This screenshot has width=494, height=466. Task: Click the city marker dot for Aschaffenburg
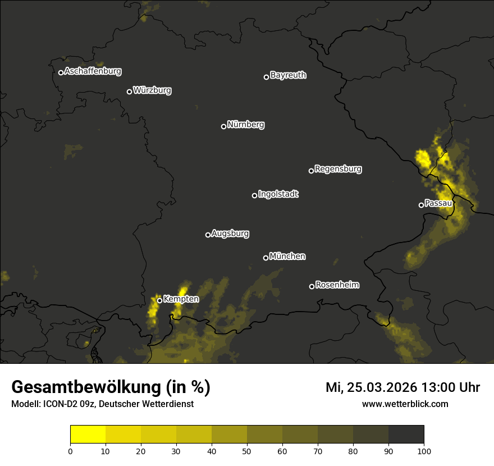click(61, 72)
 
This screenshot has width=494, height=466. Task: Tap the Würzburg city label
click(152, 90)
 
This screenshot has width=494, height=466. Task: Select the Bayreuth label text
click(288, 75)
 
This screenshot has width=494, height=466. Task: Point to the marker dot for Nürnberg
click(223, 126)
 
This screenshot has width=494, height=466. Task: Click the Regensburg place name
click(338, 169)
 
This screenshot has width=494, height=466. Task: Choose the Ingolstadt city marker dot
click(254, 195)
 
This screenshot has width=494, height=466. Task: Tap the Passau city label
click(438, 203)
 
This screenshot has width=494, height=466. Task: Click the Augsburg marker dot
click(208, 235)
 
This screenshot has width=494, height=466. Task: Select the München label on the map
click(287, 257)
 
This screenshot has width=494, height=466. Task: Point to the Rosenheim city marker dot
click(312, 286)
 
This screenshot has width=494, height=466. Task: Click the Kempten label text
click(181, 299)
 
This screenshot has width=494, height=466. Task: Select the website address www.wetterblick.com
click(405, 404)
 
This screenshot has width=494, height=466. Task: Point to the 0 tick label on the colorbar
click(70, 451)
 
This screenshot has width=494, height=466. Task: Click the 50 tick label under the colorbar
click(247, 451)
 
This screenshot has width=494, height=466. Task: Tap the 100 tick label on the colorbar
click(424, 451)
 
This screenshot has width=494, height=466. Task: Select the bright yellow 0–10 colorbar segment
click(88, 435)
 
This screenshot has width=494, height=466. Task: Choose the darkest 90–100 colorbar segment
click(406, 435)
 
